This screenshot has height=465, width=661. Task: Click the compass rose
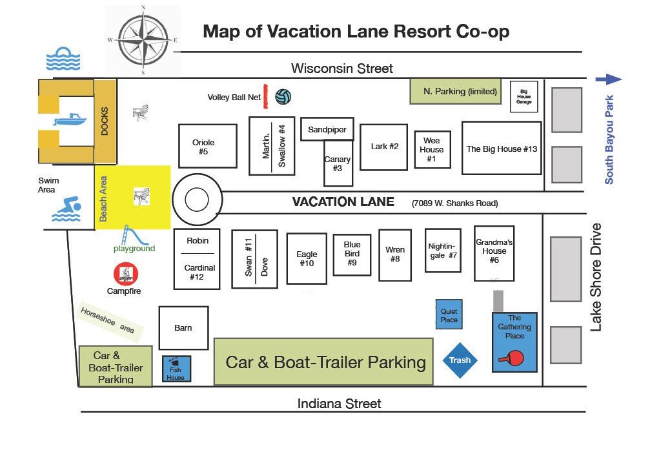[x=143, y=40]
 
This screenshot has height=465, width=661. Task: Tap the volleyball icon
[x=283, y=97]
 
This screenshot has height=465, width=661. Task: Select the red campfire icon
[x=126, y=274]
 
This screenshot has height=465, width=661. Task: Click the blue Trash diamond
[x=460, y=360]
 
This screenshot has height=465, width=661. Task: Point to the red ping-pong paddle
[x=512, y=358]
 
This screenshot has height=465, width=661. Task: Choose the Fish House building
[x=177, y=369]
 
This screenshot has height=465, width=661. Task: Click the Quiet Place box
[x=449, y=314]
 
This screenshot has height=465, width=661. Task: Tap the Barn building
[x=183, y=328]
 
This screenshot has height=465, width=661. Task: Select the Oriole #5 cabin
[x=207, y=146]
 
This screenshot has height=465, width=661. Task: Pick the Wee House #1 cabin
[x=432, y=149]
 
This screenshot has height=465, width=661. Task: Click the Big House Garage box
[x=524, y=97]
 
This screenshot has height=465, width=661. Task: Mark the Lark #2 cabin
[x=383, y=147]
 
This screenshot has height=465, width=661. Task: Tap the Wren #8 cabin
[x=395, y=255]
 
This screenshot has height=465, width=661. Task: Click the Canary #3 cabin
[x=338, y=163]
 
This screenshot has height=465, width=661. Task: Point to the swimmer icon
[x=66, y=209]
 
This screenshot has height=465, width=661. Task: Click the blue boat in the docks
[x=70, y=119]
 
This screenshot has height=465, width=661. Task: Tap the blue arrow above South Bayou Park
[x=609, y=79]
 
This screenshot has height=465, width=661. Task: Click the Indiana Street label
[x=340, y=404]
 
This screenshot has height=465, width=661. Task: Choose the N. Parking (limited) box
[x=456, y=90]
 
